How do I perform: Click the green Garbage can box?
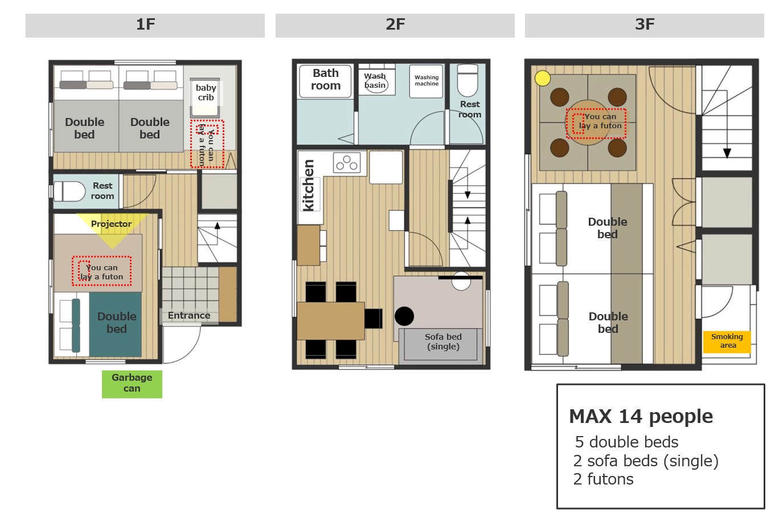132,384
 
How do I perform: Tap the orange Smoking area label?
727,341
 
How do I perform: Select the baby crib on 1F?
205,97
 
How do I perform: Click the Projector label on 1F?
112,224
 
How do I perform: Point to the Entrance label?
189,315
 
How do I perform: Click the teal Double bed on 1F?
115,324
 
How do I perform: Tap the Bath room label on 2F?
326,79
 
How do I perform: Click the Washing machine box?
427,81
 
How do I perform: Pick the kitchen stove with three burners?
347,163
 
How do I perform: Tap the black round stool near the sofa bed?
404,316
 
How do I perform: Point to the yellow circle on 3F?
543,78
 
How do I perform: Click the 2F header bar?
395,25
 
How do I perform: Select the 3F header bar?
644,25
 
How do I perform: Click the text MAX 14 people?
641,416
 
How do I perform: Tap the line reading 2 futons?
603,479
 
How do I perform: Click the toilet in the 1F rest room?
69,191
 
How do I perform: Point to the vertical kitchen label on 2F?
308,185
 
